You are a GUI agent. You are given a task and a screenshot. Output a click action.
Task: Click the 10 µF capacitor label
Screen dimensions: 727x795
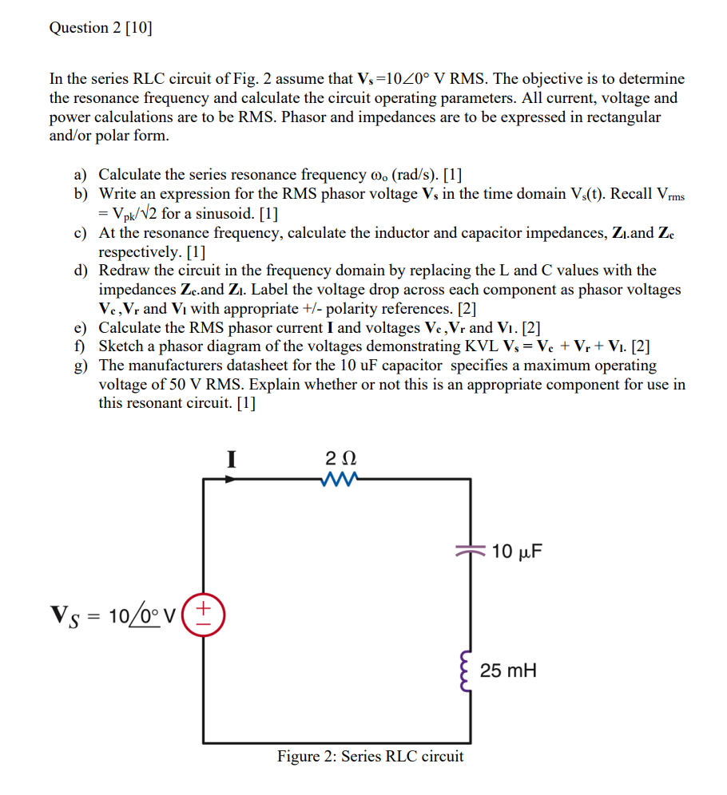[x=517, y=551]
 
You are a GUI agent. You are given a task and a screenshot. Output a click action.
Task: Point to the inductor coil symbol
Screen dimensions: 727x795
[x=467, y=670]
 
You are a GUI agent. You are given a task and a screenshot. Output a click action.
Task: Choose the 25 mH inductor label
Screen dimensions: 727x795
[x=510, y=670]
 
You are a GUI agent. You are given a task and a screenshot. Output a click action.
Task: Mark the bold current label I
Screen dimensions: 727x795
[x=232, y=459]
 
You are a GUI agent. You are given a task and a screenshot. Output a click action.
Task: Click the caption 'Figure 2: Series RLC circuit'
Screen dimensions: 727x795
[x=370, y=756]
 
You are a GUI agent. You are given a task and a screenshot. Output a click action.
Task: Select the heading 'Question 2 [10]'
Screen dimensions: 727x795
[x=101, y=28]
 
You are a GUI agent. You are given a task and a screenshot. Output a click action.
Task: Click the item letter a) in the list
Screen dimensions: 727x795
[x=81, y=174]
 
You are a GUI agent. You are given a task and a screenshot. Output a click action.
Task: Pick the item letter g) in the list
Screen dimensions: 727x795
[x=81, y=366]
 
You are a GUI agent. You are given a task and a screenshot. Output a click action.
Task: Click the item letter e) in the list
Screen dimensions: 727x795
[x=81, y=327]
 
